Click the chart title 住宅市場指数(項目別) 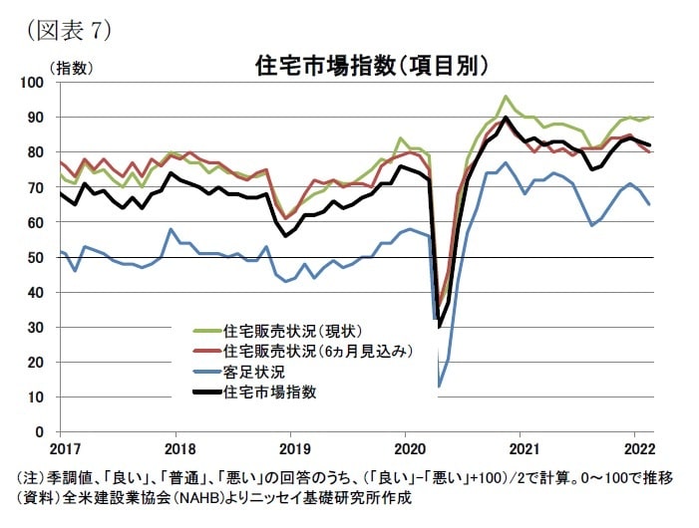(x=371, y=67)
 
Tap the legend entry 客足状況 (x=258, y=372)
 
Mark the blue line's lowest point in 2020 (x=439, y=386)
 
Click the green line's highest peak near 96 (x=506, y=97)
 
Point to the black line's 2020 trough (x=440, y=326)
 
